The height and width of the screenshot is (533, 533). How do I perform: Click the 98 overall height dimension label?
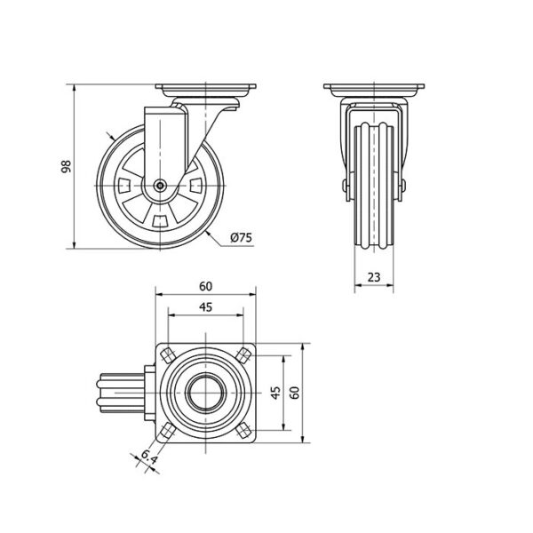(x=67, y=166)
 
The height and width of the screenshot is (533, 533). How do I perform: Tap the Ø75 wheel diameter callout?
(x=242, y=237)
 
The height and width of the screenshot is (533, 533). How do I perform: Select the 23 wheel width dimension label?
(x=374, y=277)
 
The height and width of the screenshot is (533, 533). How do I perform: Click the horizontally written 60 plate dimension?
(x=206, y=287)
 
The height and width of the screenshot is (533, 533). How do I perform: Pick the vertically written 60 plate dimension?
(x=295, y=393)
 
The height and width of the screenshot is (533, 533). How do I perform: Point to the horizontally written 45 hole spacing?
(x=206, y=307)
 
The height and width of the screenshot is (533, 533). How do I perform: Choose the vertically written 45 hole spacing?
(x=276, y=393)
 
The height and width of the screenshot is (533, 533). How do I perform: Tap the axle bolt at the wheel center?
(x=160, y=186)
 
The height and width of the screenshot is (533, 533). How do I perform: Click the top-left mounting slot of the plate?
(x=168, y=355)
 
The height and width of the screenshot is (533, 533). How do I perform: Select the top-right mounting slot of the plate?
(x=243, y=355)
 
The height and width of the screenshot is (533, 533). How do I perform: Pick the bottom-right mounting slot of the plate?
(x=243, y=431)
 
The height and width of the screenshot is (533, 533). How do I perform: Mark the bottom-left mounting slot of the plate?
(x=168, y=431)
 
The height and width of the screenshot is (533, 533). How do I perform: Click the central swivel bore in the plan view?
(x=206, y=393)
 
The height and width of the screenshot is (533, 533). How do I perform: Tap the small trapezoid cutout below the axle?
(x=160, y=220)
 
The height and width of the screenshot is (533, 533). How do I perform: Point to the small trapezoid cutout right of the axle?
(x=196, y=186)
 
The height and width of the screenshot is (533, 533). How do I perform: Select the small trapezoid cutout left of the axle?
(x=124, y=186)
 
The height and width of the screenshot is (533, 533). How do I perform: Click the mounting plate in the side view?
(x=206, y=90)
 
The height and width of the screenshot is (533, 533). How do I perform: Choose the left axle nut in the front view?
(x=345, y=186)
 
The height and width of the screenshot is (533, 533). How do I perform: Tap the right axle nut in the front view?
(x=403, y=186)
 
